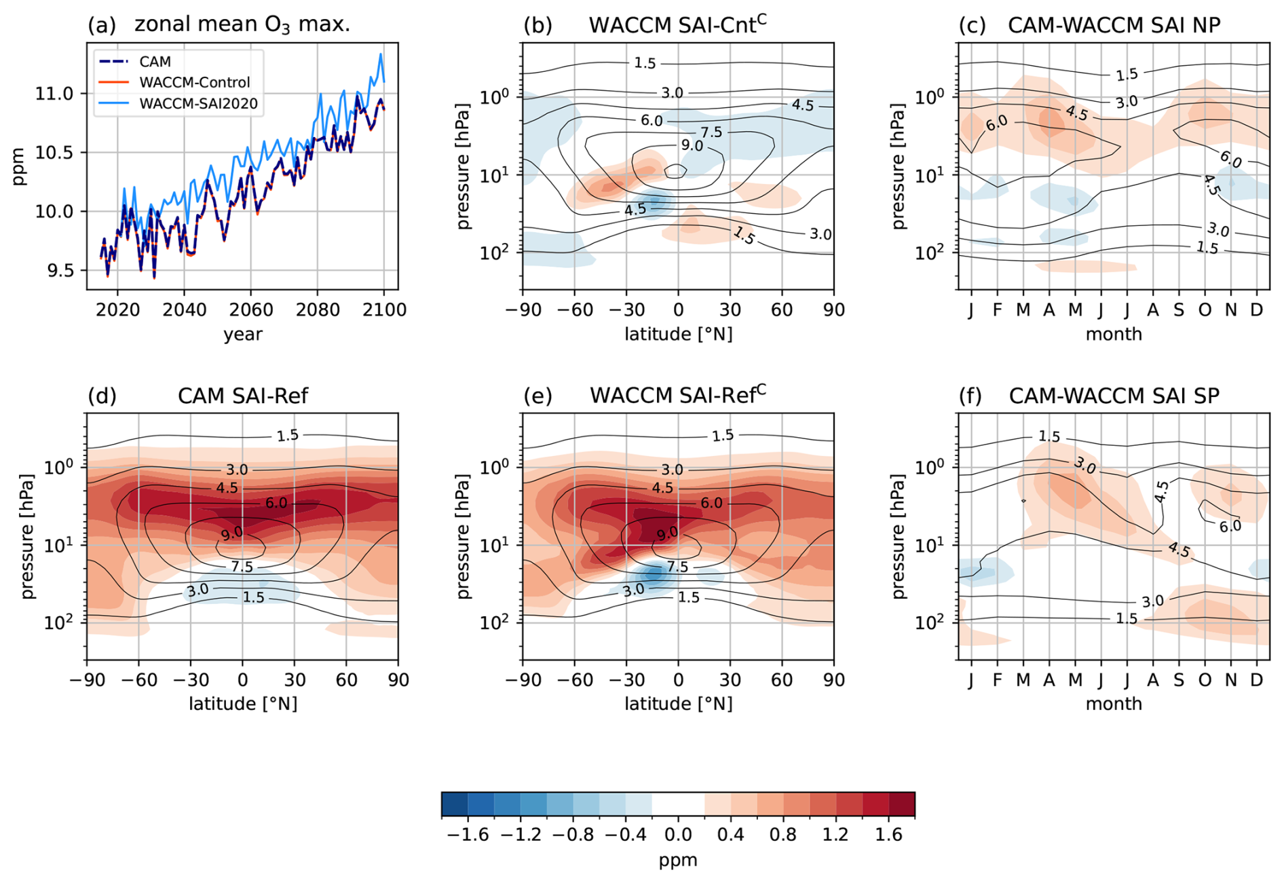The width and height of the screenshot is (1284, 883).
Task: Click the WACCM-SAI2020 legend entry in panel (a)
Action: coord(198,104)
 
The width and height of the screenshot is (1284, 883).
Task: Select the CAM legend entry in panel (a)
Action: coord(155,62)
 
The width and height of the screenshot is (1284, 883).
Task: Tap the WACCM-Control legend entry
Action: coord(194,83)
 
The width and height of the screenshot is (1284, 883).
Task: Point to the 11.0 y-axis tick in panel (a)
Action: coord(54,94)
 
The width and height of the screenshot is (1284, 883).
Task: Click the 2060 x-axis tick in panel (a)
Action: coord(251,310)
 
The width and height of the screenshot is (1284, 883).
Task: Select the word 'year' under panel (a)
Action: coord(243,334)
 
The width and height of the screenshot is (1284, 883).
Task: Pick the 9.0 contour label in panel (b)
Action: coord(692,146)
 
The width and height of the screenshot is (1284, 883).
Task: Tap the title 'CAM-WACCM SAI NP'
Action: coord(1114,25)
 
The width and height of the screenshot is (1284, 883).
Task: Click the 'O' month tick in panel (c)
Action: coord(1205,310)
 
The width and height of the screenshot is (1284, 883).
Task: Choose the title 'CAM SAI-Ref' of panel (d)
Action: coord(243,396)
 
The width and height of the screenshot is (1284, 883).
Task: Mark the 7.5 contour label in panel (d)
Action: coord(242,566)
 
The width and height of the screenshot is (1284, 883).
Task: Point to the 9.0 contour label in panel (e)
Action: coord(667,533)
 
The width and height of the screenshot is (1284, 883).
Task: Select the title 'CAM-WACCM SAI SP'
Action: coord(1114,396)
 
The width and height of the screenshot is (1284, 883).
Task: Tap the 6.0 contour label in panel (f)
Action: coord(1230,525)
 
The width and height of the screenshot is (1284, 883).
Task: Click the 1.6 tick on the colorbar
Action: coord(888,835)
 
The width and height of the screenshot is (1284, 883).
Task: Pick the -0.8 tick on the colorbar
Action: coord(573,835)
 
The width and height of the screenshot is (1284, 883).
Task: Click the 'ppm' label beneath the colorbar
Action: coord(678,861)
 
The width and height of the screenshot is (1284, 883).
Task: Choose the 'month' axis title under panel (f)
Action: coord(1114,704)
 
